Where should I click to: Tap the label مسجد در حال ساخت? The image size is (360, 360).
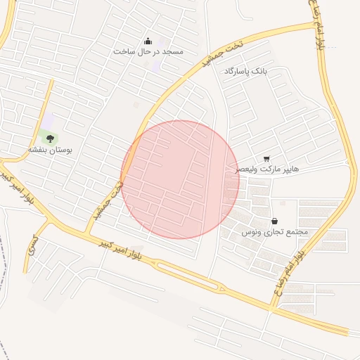148,52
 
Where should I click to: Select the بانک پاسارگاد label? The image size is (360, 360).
246,72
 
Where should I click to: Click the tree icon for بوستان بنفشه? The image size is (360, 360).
50,139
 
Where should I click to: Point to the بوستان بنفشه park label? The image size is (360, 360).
50,150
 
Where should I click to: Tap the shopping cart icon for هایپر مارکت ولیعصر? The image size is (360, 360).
266,159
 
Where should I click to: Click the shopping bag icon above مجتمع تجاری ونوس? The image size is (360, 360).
274,221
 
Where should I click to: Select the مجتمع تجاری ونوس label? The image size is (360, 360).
275,231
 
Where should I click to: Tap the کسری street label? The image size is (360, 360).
31,245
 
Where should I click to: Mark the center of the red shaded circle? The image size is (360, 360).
180,179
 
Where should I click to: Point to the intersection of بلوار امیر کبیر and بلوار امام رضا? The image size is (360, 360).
271,307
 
